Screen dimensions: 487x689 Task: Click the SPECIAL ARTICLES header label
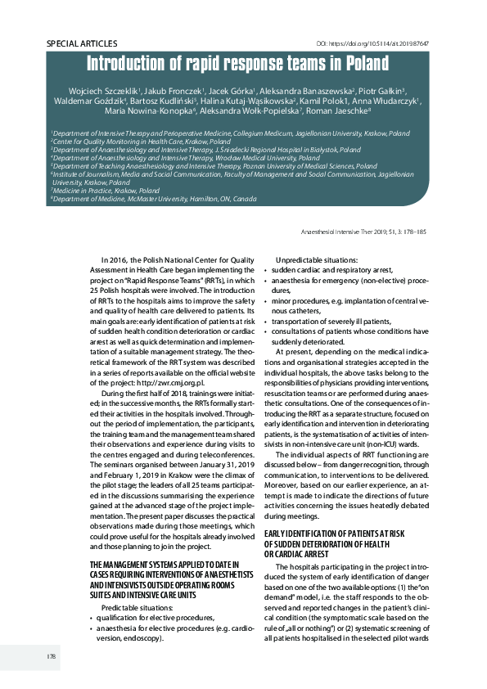[82, 43]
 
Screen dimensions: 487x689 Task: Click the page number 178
[29, 656]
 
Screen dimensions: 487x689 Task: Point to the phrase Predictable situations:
[138, 608]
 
